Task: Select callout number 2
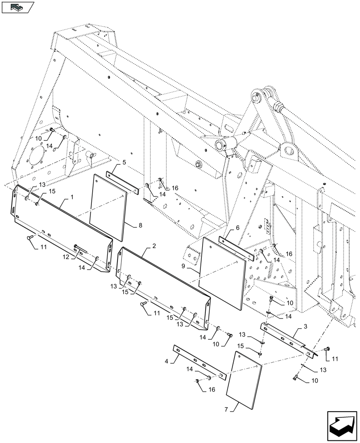(x=154, y=245)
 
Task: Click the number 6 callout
(x=238, y=228)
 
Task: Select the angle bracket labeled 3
(x=288, y=338)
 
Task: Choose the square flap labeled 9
(x=222, y=272)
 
